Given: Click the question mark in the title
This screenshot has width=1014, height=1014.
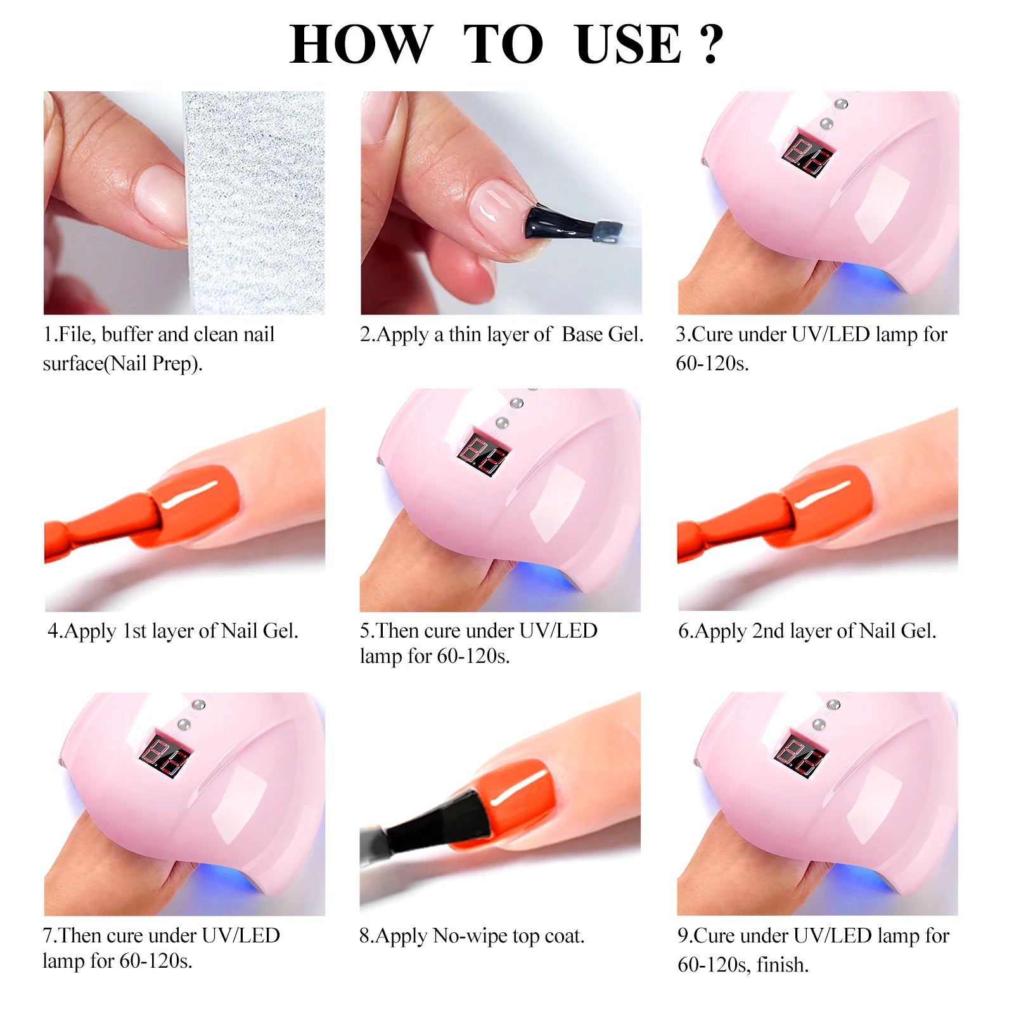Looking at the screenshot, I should click(712, 44).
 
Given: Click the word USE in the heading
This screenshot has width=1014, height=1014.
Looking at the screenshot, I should click(628, 44).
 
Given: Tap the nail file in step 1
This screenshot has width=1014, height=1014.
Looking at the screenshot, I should click(253, 203).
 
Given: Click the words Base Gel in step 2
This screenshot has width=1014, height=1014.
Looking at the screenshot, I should click(601, 335).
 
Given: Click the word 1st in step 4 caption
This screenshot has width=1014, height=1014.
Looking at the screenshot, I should click(134, 631).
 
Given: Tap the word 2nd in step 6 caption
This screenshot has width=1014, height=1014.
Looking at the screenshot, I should click(767, 631).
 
